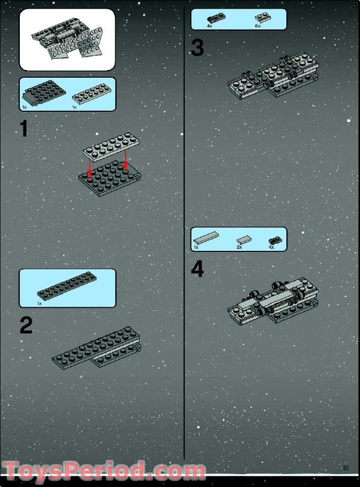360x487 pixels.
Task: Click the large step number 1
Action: click(x=24, y=129)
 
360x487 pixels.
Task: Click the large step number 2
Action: click(x=26, y=325)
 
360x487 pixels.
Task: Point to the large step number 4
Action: click(x=197, y=269)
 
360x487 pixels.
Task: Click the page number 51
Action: click(x=346, y=468)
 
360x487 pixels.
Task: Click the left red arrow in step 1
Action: click(x=90, y=169)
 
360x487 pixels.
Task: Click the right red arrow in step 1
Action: click(x=125, y=161)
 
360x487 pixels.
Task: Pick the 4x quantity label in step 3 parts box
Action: click(x=209, y=26)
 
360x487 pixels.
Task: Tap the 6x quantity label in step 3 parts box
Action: click(x=257, y=26)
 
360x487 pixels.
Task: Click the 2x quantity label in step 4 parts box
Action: click(x=239, y=247)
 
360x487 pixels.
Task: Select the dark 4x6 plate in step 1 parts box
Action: click(x=44, y=92)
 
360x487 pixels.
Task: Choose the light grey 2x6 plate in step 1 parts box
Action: click(x=90, y=93)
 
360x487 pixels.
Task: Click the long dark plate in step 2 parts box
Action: click(x=67, y=286)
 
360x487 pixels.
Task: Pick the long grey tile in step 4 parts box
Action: click(x=206, y=238)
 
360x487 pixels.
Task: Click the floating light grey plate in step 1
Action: click(x=111, y=147)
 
